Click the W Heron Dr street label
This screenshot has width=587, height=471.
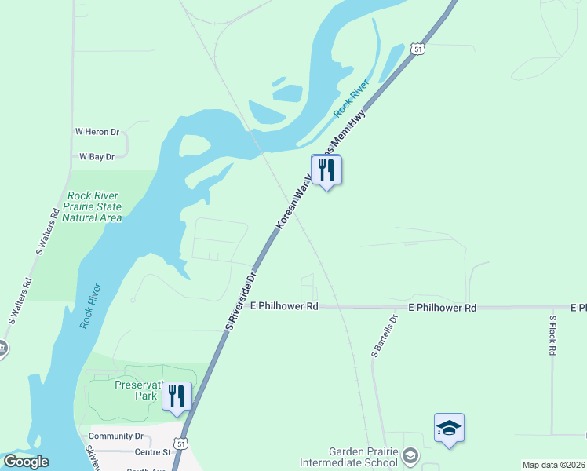point(97,133)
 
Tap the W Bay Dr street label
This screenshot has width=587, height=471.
point(97,157)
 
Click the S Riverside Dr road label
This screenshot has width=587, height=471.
point(242,300)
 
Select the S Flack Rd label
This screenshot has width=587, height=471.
point(552,336)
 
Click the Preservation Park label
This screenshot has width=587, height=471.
point(138,391)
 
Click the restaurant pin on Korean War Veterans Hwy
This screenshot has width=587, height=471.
point(326,170)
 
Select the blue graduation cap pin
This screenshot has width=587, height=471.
point(449,428)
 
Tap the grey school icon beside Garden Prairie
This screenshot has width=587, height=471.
point(409,455)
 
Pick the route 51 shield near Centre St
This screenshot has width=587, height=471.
point(182,443)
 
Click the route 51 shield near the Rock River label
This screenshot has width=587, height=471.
point(418,49)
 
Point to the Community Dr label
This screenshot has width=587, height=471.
point(116,436)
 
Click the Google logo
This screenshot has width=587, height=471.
point(26,462)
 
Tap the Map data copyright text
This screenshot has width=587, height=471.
point(553,465)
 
